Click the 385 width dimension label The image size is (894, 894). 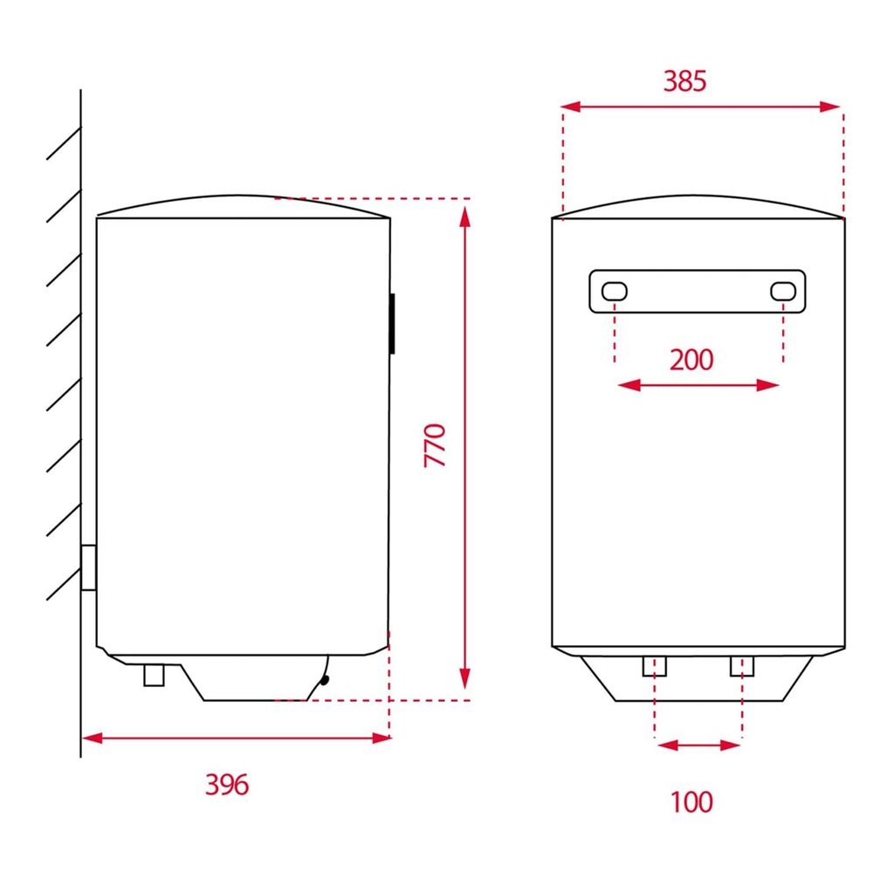tap(684, 81)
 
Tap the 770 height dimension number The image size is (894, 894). tap(435, 444)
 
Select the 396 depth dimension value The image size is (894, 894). tap(227, 785)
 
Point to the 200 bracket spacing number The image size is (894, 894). tap(691, 359)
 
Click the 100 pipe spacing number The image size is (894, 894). tap(691, 801)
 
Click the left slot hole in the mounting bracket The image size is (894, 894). tap(615, 291)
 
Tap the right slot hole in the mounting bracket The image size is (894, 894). tap(782, 291)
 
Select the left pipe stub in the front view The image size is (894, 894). tap(654, 666)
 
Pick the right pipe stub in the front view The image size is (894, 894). tap(741, 666)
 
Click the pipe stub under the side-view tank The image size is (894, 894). tap(154, 674)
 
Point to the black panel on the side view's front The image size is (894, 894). tap(392, 323)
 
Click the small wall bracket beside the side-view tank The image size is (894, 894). tap(88, 567)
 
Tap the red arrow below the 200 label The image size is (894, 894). tap(698, 385)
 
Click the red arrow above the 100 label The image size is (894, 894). tap(698, 745)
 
